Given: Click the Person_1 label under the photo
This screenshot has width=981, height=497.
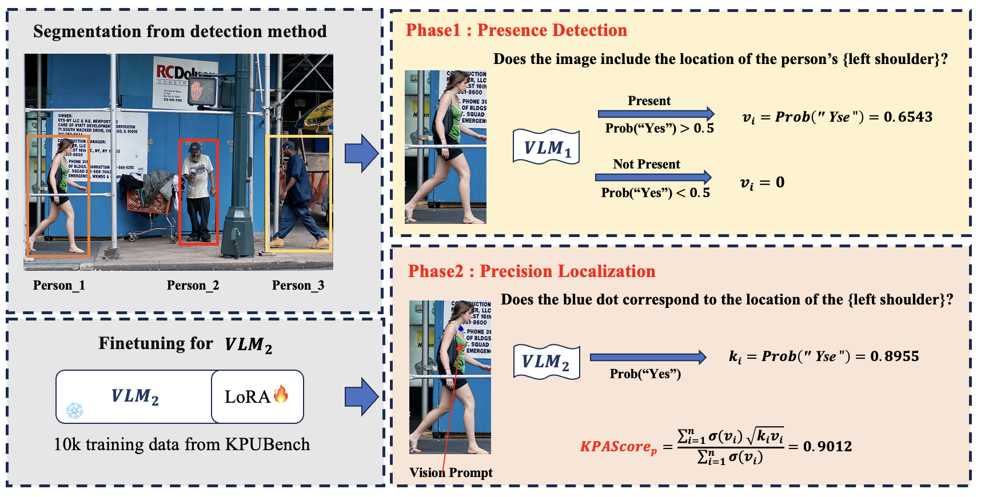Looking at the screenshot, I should point(59,285).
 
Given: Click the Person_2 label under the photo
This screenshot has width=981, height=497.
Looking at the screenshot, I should point(193,285).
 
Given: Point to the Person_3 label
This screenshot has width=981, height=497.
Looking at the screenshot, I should point(298,285).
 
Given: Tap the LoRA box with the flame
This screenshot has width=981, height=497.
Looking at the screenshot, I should point(257,396).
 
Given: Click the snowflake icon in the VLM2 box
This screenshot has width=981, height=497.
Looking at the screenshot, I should point(74,410).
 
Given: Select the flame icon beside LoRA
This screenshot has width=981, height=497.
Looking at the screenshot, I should point(281,394).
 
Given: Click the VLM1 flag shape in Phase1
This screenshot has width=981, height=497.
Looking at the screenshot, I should point(547,147).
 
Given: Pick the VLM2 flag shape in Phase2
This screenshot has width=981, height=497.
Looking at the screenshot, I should point(547,362).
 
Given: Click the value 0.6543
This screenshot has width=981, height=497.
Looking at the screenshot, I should point(908,117).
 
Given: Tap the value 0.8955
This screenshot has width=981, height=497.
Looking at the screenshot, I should point(895,356).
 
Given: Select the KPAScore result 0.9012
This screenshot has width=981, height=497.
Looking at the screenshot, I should point(827,446).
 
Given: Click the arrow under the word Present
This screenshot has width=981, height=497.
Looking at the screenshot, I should point(656,114).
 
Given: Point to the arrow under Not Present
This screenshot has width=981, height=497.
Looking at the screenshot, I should point(653,177).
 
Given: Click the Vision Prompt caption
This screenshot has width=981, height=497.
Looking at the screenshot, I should point(450,472).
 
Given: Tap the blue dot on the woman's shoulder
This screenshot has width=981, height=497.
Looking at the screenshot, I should point(461,328).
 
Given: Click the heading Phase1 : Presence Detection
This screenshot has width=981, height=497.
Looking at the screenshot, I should point(516,30).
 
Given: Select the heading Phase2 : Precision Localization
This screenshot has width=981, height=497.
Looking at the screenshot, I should point(532,271).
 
